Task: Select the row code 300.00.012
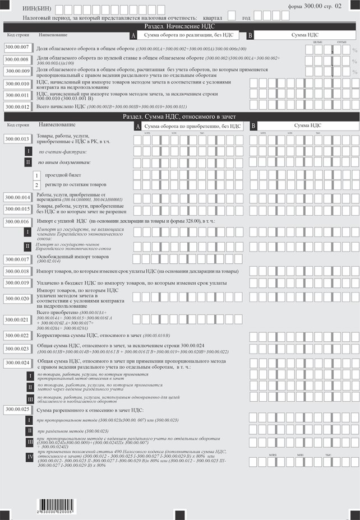[x=17, y=105]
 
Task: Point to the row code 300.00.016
[x=17, y=222]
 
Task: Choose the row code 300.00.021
[x=17, y=320]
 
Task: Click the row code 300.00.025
[x=17, y=410]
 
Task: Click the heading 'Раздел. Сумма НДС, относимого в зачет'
[x=179, y=117]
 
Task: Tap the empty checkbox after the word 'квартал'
[x=232, y=16]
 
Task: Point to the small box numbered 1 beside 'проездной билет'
[x=37, y=175]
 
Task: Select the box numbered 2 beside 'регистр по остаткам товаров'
[x=37, y=185]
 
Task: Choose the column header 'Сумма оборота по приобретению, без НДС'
[x=191, y=126]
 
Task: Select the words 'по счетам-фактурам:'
[x=62, y=152]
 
